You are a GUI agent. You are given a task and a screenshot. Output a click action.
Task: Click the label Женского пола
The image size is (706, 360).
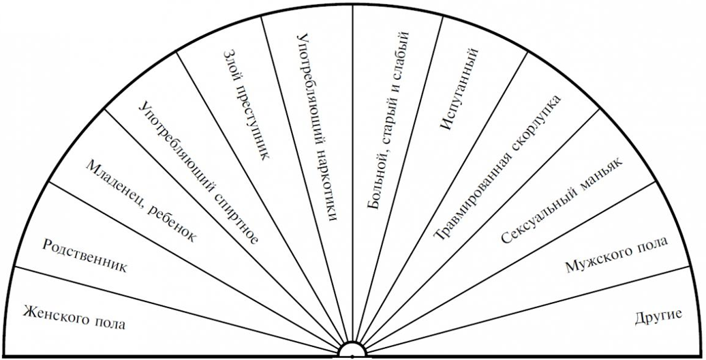pos(74,315)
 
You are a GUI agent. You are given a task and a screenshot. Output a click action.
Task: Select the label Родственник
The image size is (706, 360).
pos(85,255)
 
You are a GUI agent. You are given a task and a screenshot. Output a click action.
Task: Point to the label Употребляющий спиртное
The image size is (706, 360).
pos(197,171)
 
